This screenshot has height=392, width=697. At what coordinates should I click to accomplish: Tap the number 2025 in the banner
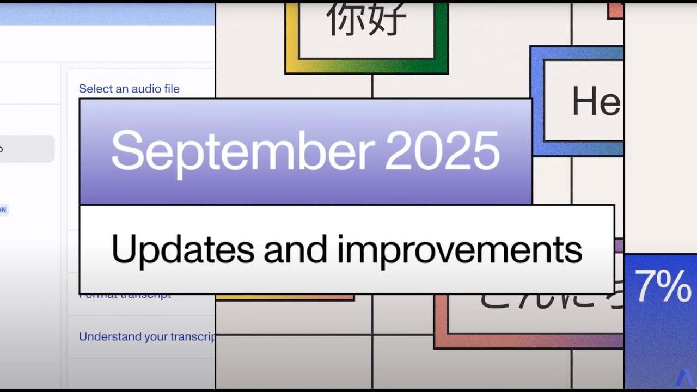pos(442,150)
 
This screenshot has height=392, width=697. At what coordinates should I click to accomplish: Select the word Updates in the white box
pos(182,250)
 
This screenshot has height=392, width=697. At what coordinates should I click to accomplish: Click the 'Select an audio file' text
pos(129,89)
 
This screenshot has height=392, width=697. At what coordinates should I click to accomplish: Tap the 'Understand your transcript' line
pos(147,336)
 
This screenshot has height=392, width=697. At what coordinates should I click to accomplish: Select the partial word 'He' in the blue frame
pos(595,102)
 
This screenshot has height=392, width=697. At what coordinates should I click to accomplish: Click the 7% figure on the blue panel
pos(662,287)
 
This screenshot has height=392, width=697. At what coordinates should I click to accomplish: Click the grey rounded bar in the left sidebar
pos(27,149)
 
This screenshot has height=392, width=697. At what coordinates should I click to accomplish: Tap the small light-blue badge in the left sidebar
pos(4,210)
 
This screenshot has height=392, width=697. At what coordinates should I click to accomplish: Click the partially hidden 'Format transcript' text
pos(125,296)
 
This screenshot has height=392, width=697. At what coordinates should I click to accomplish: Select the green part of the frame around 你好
pos(441,38)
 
